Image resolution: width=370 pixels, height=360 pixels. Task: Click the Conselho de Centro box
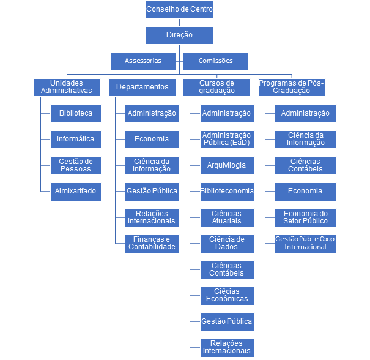point(179,10)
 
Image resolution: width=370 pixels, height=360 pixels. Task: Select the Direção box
point(179,36)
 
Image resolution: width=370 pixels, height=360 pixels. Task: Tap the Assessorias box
point(143,61)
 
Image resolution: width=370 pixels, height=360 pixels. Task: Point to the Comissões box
point(215,61)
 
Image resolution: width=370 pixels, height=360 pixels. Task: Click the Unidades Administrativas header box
point(67,87)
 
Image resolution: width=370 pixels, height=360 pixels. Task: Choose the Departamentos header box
point(142,87)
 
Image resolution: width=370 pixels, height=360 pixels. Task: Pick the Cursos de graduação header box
point(216,87)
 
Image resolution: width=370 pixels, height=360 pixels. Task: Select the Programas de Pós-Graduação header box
point(291,87)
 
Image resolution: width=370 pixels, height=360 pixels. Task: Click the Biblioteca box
point(76,113)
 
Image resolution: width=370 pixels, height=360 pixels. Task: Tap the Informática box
point(76,139)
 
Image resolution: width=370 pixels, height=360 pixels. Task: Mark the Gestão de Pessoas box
point(76,165)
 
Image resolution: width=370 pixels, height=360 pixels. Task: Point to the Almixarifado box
point(76,191)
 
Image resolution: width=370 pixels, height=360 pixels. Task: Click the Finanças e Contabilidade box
point(152,243)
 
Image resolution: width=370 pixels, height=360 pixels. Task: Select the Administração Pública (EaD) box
point(227,139)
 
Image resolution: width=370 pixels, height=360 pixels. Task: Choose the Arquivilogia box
point(227,165)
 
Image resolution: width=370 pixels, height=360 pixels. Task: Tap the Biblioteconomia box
point(227,191)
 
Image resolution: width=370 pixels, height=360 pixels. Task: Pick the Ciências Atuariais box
point(227,217)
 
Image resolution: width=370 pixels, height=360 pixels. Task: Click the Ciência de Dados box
point(227,243)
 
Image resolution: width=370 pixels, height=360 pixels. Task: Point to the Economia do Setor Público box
point(305,217)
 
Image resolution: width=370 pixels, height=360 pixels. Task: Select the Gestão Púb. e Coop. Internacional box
point(305,243)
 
